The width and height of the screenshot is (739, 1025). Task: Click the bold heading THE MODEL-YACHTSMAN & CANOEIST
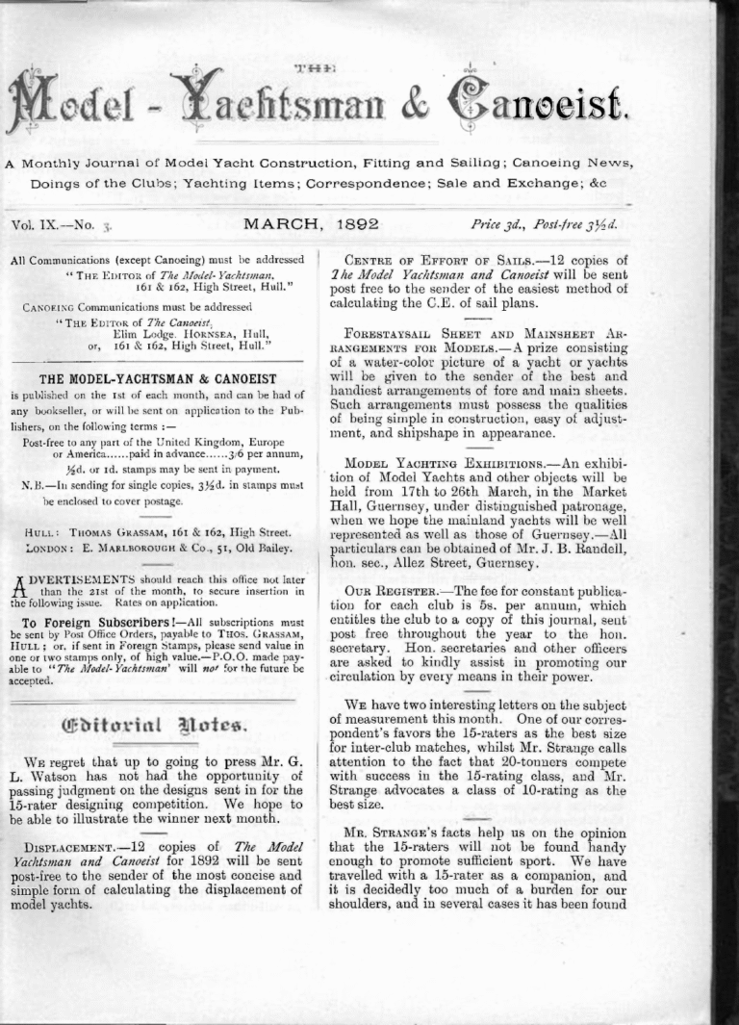(158, 379)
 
